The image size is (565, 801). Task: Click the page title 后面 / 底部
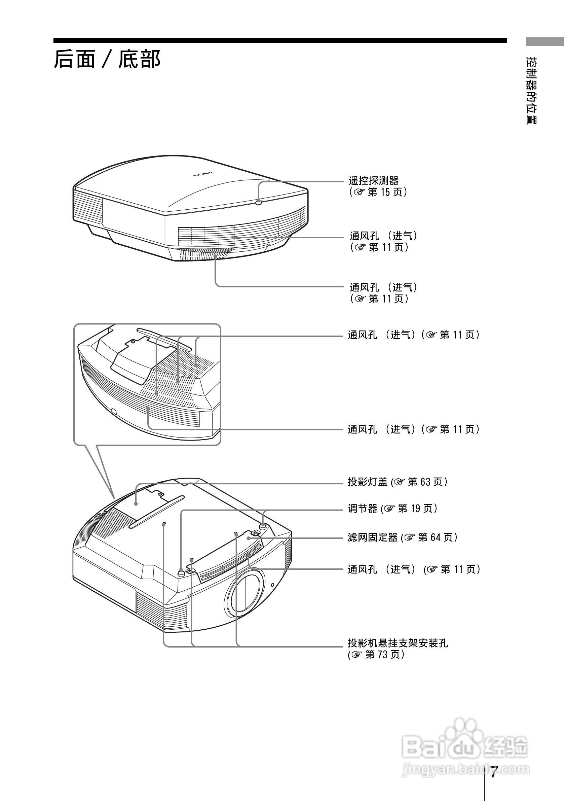pyautogui.click(x=107, y=59)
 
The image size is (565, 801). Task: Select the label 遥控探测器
pyautogui.click(x=373, y=181)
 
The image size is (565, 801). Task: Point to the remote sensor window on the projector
pyautogui.click(x=259, y=202)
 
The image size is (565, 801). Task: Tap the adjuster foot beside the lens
pyautogui.click(x=181, y=572)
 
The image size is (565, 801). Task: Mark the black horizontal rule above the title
pyautogui.click(x=280, y=41)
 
